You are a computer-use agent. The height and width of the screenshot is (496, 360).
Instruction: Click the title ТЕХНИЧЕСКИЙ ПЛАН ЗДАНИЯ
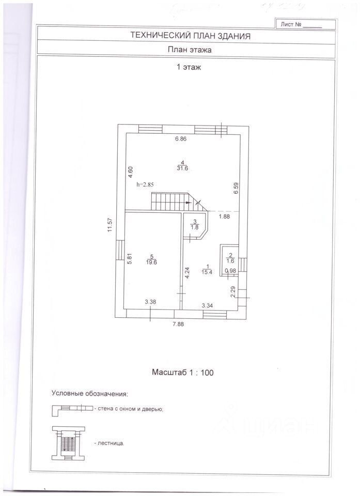click(190, 36)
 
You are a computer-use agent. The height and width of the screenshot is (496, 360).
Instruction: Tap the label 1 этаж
click(188, 67)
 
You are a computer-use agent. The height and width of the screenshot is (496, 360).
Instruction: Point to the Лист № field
click(301, 24)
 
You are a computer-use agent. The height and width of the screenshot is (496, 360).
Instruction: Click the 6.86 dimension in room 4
click(180, 138)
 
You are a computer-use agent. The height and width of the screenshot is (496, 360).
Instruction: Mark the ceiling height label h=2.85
click(145, 184)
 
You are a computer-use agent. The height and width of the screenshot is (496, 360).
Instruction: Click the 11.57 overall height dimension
click(110, 226)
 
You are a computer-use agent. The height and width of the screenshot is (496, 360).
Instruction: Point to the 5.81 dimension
click(130, 258)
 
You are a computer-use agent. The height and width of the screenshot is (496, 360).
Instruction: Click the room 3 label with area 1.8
click(195, 224)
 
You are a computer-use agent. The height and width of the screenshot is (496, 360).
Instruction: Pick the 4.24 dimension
click(187, 272)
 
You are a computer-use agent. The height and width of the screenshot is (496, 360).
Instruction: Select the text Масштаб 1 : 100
click(183, 372)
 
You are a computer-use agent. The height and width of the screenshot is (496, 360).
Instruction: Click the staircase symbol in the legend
click(68, 444)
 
